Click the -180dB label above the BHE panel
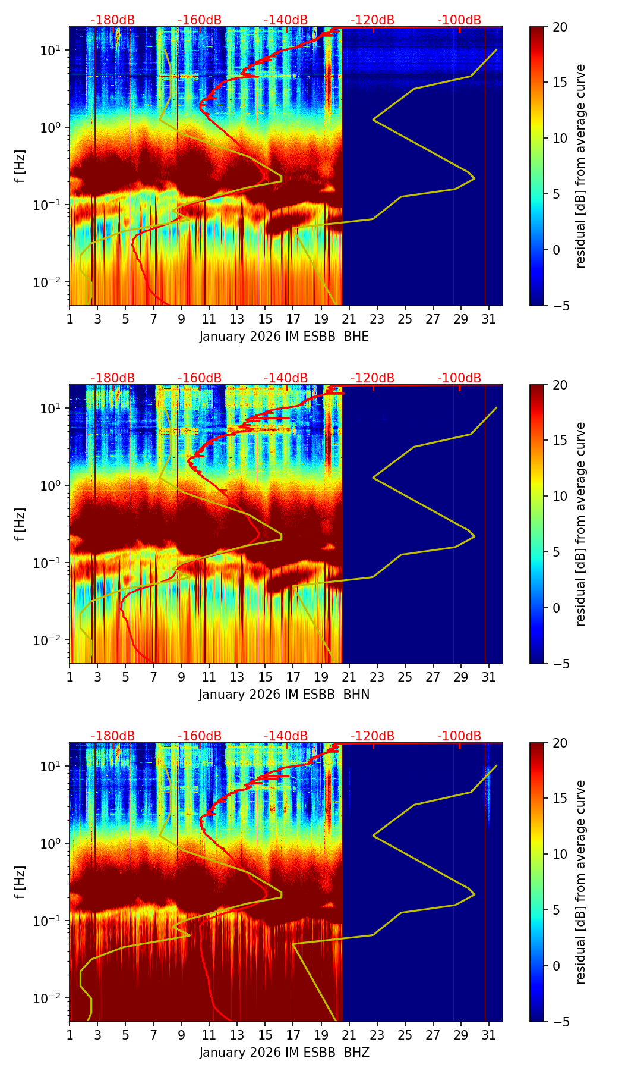pos(113,20)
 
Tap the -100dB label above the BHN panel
pos(459,378)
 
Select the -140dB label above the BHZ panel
pos(286,736)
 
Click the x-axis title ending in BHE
pos(284,337)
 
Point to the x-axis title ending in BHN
pos(284,695)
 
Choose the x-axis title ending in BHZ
pos(284,1053)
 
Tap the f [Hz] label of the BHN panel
pos(20,524)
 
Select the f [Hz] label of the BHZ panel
pos(20,882)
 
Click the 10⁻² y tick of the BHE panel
pos(53,281)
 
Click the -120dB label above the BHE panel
pos(373,20)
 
